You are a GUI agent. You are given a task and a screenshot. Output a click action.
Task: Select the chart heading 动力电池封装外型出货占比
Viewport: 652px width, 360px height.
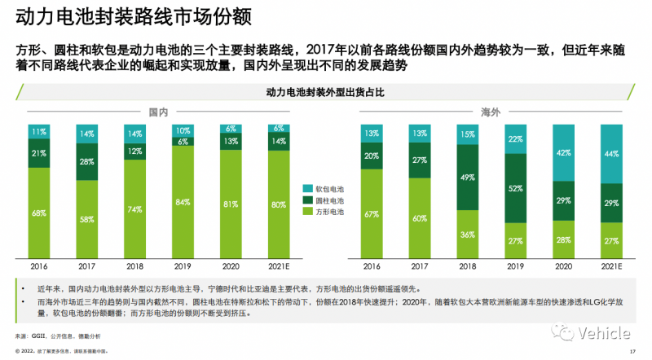tap(324, 93)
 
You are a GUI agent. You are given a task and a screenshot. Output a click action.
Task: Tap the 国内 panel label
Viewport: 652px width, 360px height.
tap(158, 112)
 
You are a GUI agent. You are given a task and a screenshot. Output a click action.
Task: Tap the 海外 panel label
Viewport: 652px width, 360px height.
tap(490, 112)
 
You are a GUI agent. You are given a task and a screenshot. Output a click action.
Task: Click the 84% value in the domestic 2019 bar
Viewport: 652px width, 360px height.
tap(183, 202)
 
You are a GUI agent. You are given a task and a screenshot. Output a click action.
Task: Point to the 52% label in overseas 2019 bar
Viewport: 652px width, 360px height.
tap(514, 188)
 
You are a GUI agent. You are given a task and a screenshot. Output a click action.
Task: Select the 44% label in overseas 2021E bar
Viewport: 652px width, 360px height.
tap(610, 153)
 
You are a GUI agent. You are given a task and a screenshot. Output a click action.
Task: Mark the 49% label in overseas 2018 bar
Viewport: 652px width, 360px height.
tap(467, 177)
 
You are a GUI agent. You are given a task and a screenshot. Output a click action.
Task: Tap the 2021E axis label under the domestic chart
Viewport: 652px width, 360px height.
tap(278, 266)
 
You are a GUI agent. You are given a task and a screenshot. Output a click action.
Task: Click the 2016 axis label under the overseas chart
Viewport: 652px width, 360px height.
tap(372, 266)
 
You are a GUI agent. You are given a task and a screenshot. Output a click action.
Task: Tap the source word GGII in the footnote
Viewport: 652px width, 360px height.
tap(39, 336)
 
